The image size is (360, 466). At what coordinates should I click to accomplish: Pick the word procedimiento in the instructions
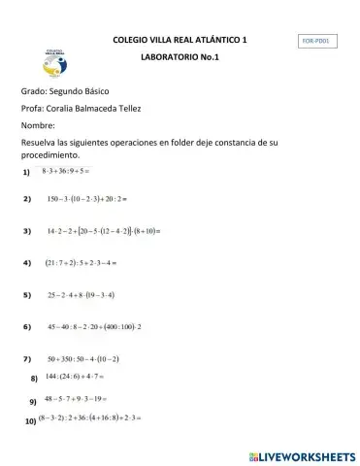point(48,155)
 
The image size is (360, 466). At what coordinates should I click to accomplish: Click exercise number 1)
point(26,173)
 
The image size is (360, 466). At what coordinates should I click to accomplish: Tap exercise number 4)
point(26,263)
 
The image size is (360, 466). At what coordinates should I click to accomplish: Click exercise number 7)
point(26,359)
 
